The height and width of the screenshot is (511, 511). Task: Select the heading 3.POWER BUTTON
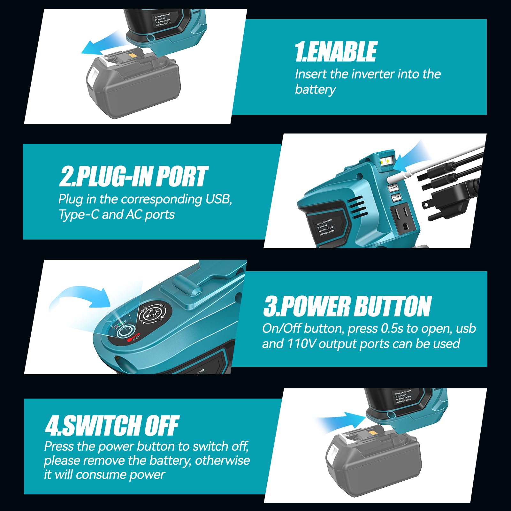click(x=347, y=306)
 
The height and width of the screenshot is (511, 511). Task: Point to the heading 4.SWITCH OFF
click(x=112, y=425)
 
